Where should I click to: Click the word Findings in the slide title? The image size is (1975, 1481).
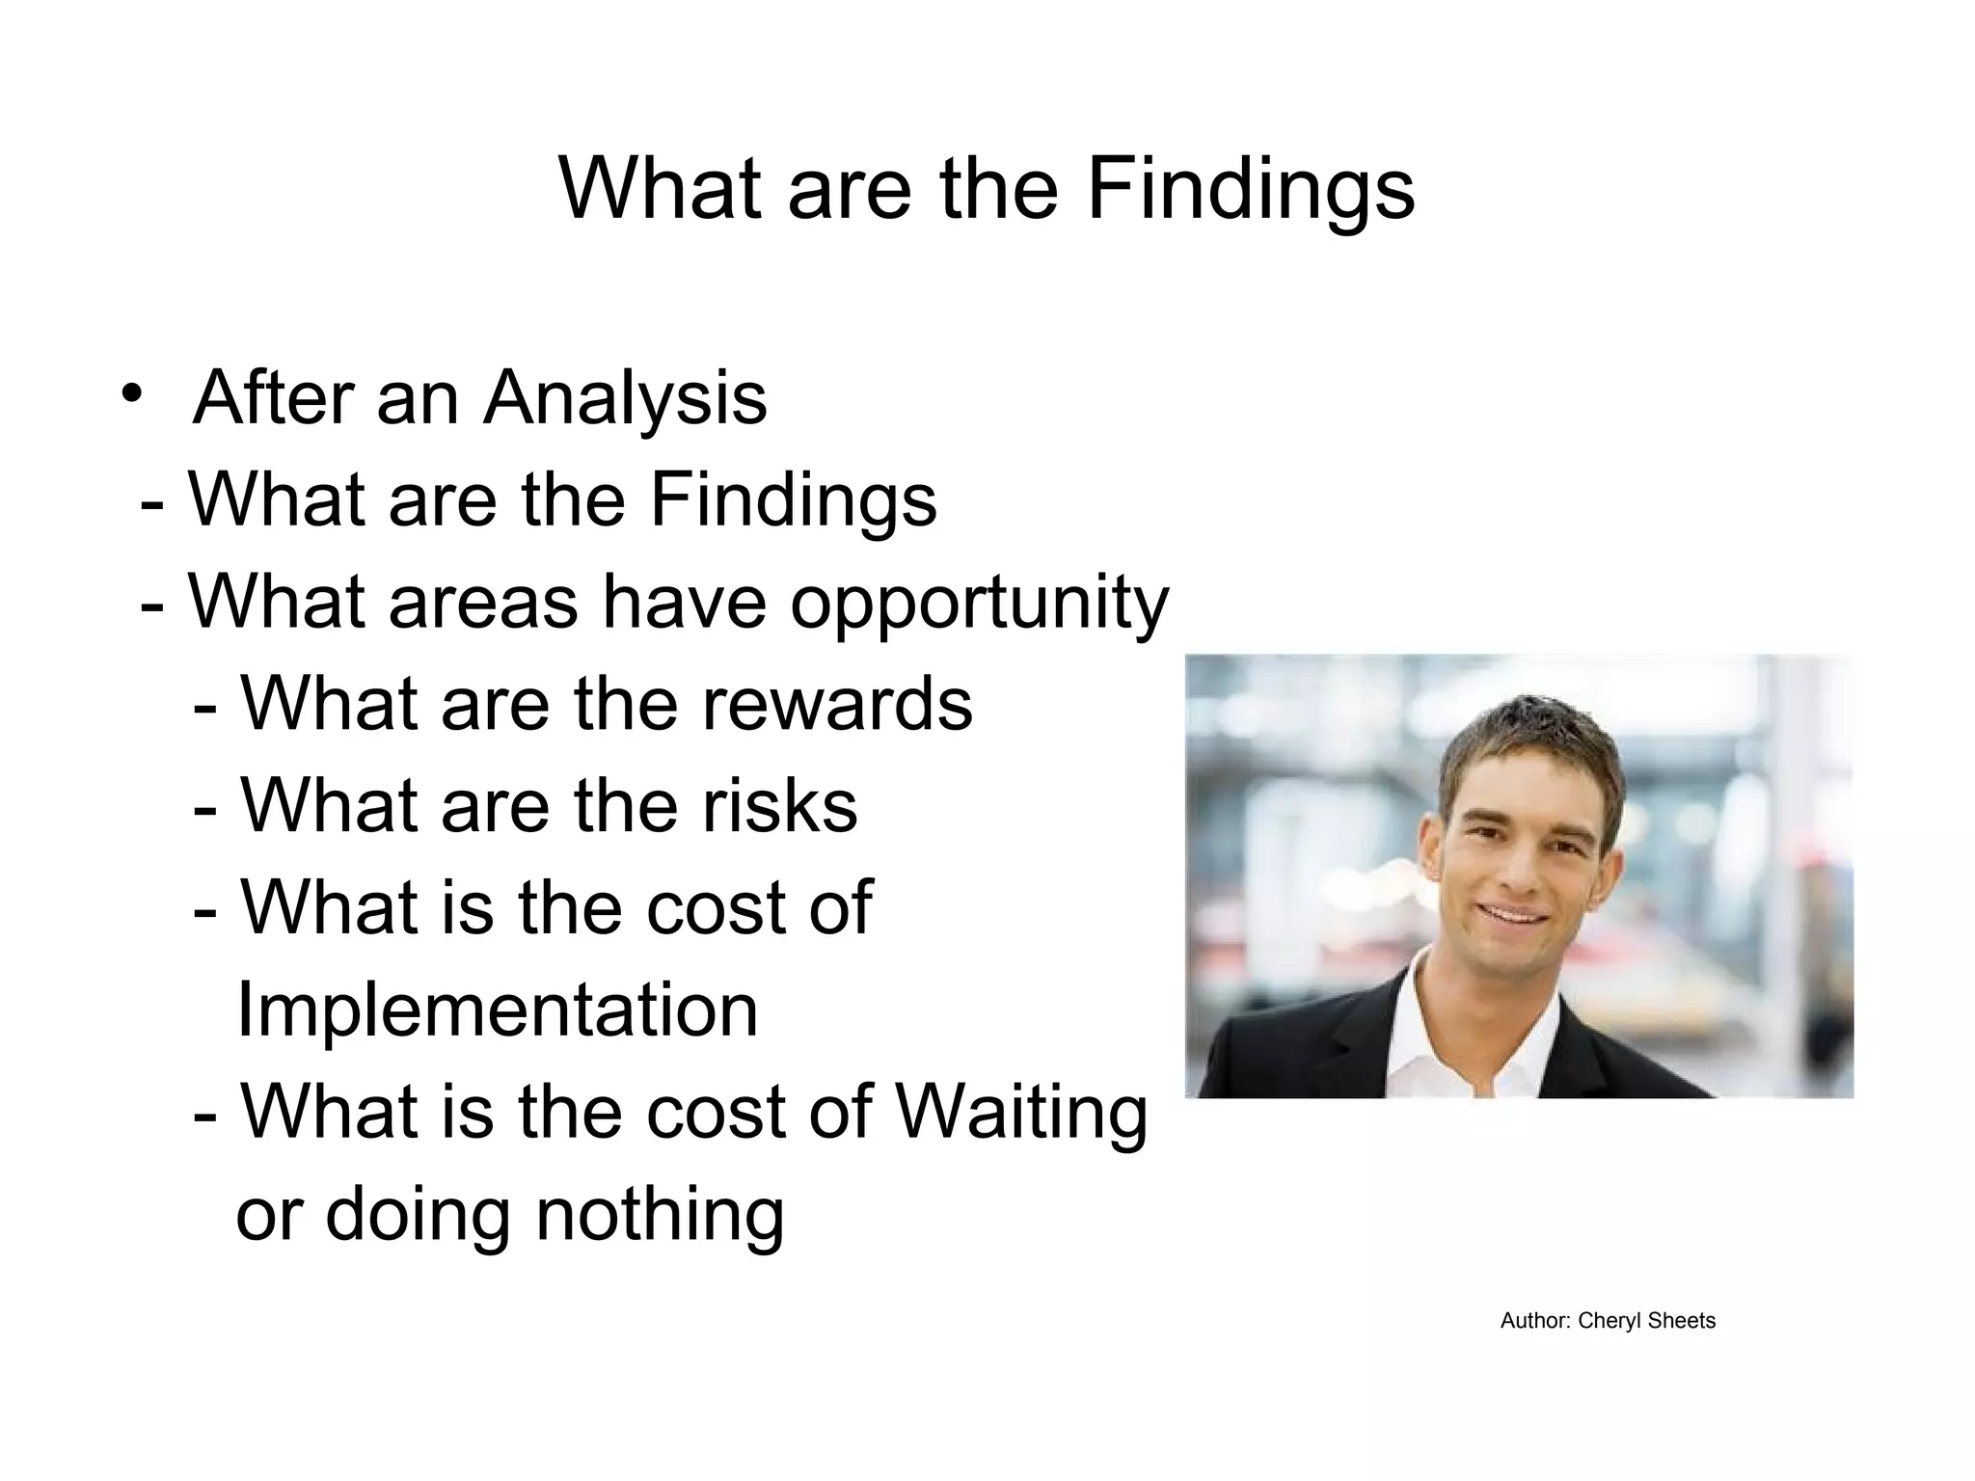1251,189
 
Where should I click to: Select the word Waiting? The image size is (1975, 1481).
1022,1113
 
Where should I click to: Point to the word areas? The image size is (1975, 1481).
483,602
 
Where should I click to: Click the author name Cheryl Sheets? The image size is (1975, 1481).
1646,1321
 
